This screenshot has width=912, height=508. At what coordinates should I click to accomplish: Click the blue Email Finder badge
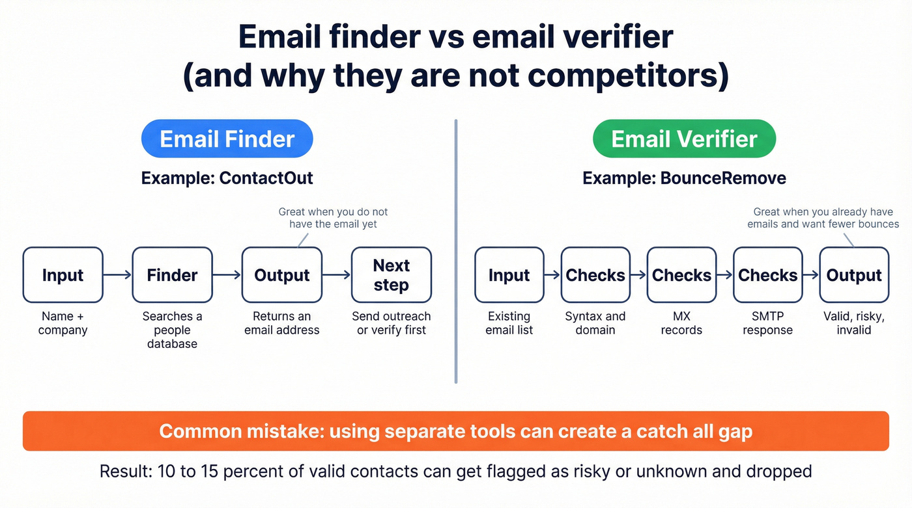click(227, 139)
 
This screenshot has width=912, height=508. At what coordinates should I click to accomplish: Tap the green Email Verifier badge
click(684, 139)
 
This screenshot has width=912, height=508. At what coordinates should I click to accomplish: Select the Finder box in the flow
click(172, 274)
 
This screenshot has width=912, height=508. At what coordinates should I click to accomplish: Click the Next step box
click(392, 274)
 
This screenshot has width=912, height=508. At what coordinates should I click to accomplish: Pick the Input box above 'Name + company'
click(63, 274)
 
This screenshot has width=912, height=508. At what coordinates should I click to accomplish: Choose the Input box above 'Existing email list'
click(509, 274)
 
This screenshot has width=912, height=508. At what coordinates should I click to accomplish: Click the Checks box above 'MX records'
click(681, 274)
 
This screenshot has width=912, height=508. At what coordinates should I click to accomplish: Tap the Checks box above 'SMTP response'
click(767, 274)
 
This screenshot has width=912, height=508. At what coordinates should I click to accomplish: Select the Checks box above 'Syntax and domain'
click(595, 274)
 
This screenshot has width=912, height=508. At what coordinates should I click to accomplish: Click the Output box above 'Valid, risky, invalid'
click(854, 274)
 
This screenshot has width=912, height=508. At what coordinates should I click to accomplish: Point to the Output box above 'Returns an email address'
click(281, 274)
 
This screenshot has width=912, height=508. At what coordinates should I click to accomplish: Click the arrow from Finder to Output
click(227, 275)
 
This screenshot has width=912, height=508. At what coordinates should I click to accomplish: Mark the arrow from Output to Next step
click(336, 275)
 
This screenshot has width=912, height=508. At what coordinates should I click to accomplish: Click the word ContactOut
click(266, 178)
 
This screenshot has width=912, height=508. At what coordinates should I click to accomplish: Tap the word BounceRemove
click(722, 178)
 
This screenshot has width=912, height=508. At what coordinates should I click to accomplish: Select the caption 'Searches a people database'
click(172, 330)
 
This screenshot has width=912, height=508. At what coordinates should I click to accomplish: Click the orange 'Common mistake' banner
click(455, 431)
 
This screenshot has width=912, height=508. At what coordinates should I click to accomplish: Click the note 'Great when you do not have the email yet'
click(333, 218)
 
